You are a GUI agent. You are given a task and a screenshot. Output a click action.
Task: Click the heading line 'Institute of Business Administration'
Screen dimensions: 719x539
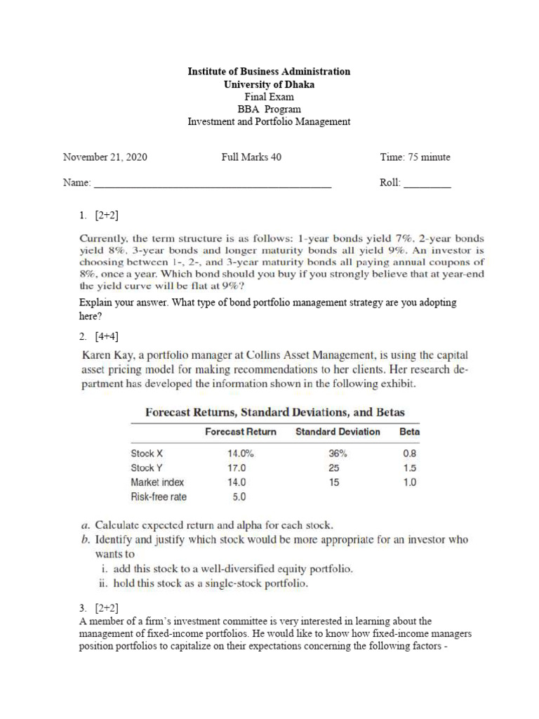(x=269, y=72)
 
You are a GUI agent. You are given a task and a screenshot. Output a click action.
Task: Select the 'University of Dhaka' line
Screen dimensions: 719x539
(x=269, y=84)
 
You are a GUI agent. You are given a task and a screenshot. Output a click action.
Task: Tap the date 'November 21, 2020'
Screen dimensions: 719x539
(x=105, y=157)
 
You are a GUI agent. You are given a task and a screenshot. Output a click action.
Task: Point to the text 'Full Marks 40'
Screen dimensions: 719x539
(x=251, y=157)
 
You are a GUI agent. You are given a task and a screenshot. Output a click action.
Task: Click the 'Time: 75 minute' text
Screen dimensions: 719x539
(x=415, y=157)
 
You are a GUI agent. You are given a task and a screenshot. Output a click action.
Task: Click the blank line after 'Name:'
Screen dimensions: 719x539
(x=213, y=185)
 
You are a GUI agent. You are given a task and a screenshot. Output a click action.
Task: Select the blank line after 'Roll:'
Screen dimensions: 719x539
(x=427, y=185)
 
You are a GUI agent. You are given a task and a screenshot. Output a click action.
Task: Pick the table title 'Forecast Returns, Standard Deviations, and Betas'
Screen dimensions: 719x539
(x=274, y=412)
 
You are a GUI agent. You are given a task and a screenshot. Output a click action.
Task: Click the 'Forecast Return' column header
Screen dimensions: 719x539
(x=241, y=432)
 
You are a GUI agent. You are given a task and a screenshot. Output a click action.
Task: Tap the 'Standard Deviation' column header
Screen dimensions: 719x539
(x=338, y=432)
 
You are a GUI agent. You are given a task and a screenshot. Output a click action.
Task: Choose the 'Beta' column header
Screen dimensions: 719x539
(x=409, y=432)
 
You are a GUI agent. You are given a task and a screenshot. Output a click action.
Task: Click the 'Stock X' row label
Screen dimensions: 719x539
(x=147, y=454)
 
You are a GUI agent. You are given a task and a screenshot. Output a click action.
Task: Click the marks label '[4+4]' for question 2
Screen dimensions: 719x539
(x=107, y=336)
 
